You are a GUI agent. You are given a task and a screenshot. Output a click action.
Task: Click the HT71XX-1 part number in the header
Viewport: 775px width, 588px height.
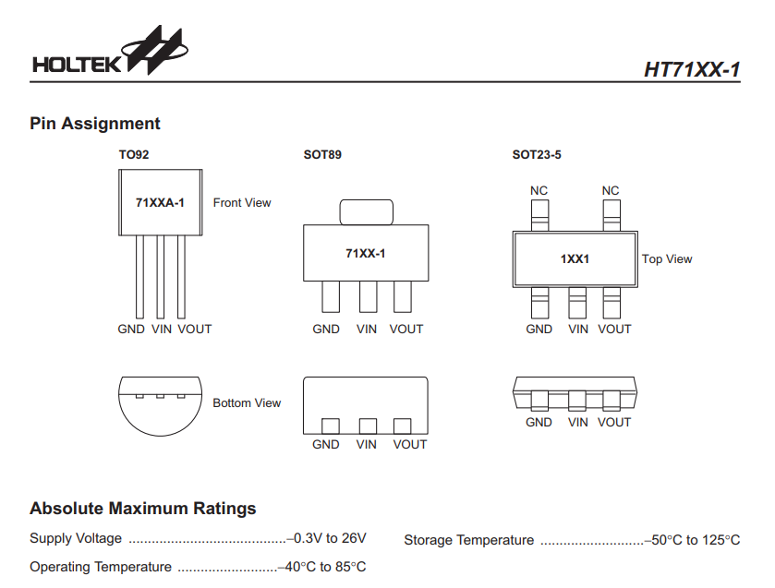(692, 70)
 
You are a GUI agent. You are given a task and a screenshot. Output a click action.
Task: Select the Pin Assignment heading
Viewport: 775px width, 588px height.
(95, 124)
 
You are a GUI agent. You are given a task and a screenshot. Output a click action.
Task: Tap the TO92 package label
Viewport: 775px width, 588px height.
(133, 155)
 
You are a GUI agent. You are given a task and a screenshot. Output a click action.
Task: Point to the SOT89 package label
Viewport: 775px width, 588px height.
(322, 155)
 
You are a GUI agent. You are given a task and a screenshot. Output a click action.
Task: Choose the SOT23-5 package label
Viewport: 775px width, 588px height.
(537, 155)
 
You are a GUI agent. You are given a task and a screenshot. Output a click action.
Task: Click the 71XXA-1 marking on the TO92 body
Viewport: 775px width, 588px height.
(160, 202)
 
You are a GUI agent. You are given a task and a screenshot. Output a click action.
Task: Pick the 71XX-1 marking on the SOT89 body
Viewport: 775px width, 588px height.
(366, 253)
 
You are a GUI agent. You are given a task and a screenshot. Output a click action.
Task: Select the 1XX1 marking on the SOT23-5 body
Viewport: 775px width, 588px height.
(575, 259)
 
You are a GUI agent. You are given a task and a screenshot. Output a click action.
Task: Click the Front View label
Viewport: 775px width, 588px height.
(242, 203)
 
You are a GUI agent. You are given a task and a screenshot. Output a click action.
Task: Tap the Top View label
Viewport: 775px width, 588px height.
(667, 259)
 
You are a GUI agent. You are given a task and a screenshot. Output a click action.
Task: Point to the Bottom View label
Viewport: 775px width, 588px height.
(247, 403)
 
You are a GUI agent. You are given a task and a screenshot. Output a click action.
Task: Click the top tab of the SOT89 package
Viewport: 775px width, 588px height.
(367, 212)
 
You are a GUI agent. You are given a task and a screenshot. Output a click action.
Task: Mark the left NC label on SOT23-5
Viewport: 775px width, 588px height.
(539, 191)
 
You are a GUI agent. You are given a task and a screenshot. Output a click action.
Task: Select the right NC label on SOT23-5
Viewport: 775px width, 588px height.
(611, 191)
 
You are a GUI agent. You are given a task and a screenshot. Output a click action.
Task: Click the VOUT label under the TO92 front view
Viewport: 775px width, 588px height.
(195, 330)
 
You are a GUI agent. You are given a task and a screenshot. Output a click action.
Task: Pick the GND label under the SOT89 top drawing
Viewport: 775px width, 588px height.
(326, 330)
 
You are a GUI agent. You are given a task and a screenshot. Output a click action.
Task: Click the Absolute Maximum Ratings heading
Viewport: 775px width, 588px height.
(143, 509)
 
